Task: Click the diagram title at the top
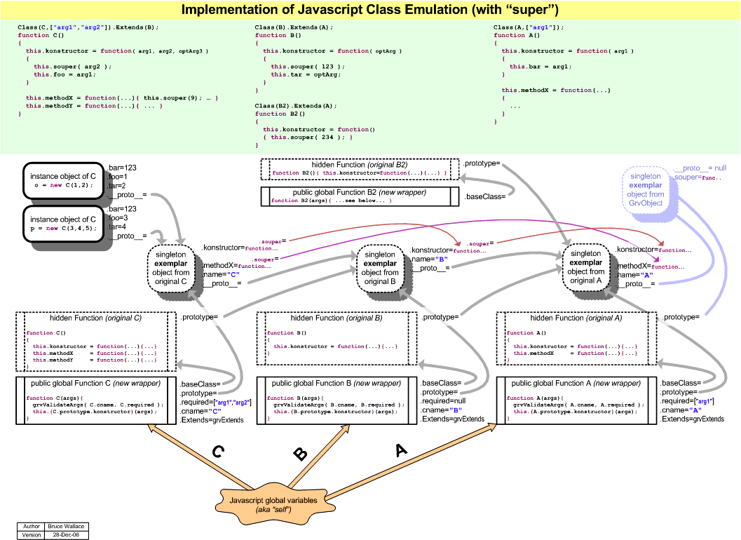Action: pyautogui.click(x=370, y=10)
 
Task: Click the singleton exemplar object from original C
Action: pyautogui.click(x=172, y=267)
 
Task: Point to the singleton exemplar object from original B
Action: pyautogui.click(x=381, y=267)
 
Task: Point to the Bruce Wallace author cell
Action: pyautogui.click(x=67, y=526)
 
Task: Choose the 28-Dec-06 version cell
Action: pyautogui.click(x=67, y=534)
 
